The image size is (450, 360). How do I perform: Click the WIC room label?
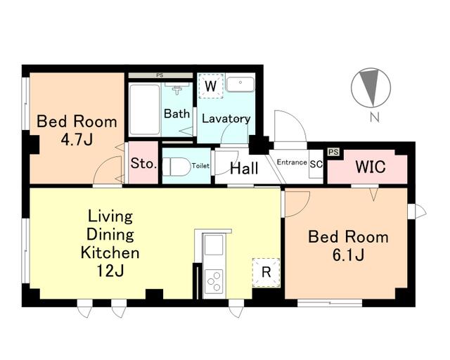[371, 167]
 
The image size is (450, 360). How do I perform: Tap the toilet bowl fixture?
[176, 166]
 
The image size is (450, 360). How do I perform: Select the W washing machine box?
[211, 86]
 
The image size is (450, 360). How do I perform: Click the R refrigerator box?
[266, 272]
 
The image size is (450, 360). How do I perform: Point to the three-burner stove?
[214, 281]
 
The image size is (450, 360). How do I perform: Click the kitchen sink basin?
[213, 245]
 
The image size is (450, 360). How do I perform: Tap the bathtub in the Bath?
[144, 110]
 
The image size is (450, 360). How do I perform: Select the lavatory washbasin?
[240, 83]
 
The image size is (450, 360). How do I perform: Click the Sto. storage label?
[143, 164]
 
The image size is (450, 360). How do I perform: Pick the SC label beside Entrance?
[316, 165]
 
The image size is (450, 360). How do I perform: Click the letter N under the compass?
[374, 117]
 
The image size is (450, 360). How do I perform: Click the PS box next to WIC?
[333, 152]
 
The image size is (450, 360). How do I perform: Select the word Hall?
[244, 168]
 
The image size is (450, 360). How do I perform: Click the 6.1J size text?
[349, 255]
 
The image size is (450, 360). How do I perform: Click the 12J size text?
[110, 270]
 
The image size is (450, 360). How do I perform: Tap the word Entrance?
[292, 162]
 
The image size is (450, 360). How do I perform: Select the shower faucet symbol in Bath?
[178, 89]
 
